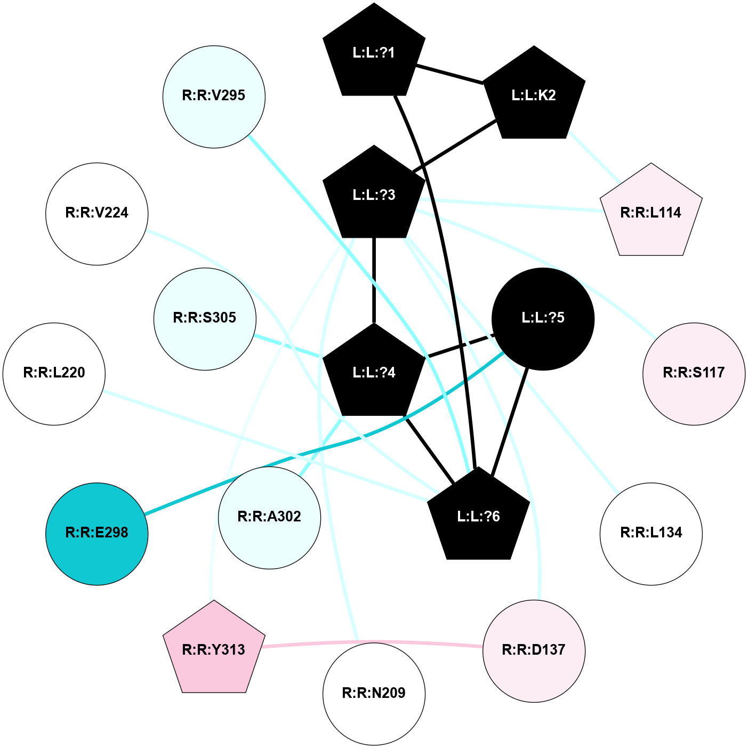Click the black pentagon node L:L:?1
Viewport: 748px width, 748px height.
click(374, 53)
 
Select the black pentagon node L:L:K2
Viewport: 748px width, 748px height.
click(534, 95)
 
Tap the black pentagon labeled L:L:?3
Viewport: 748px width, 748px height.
click(374, 195)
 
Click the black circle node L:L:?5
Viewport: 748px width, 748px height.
click(543, 318)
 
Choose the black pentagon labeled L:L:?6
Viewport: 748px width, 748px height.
click(478, 517)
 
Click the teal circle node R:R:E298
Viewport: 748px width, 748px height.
click(96, 533)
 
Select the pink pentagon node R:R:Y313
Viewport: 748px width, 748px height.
click(214, 649)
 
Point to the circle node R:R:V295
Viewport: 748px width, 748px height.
click(214, 96)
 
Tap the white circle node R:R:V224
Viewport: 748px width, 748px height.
click(96, 213)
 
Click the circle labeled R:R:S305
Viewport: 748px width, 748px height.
click(205, 318)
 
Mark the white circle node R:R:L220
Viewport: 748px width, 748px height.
click(54, 373)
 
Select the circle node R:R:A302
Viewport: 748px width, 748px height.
click(269, 517)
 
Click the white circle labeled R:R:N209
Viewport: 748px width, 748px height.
click(374, 694)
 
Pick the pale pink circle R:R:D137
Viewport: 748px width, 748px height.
click(534, 650)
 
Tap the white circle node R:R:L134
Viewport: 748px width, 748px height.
click(651, 533)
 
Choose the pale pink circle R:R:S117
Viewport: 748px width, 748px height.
click(694, 373)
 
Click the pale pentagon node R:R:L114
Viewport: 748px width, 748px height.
click(651, 213)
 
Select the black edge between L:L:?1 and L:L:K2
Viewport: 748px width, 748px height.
click(449, 74)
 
